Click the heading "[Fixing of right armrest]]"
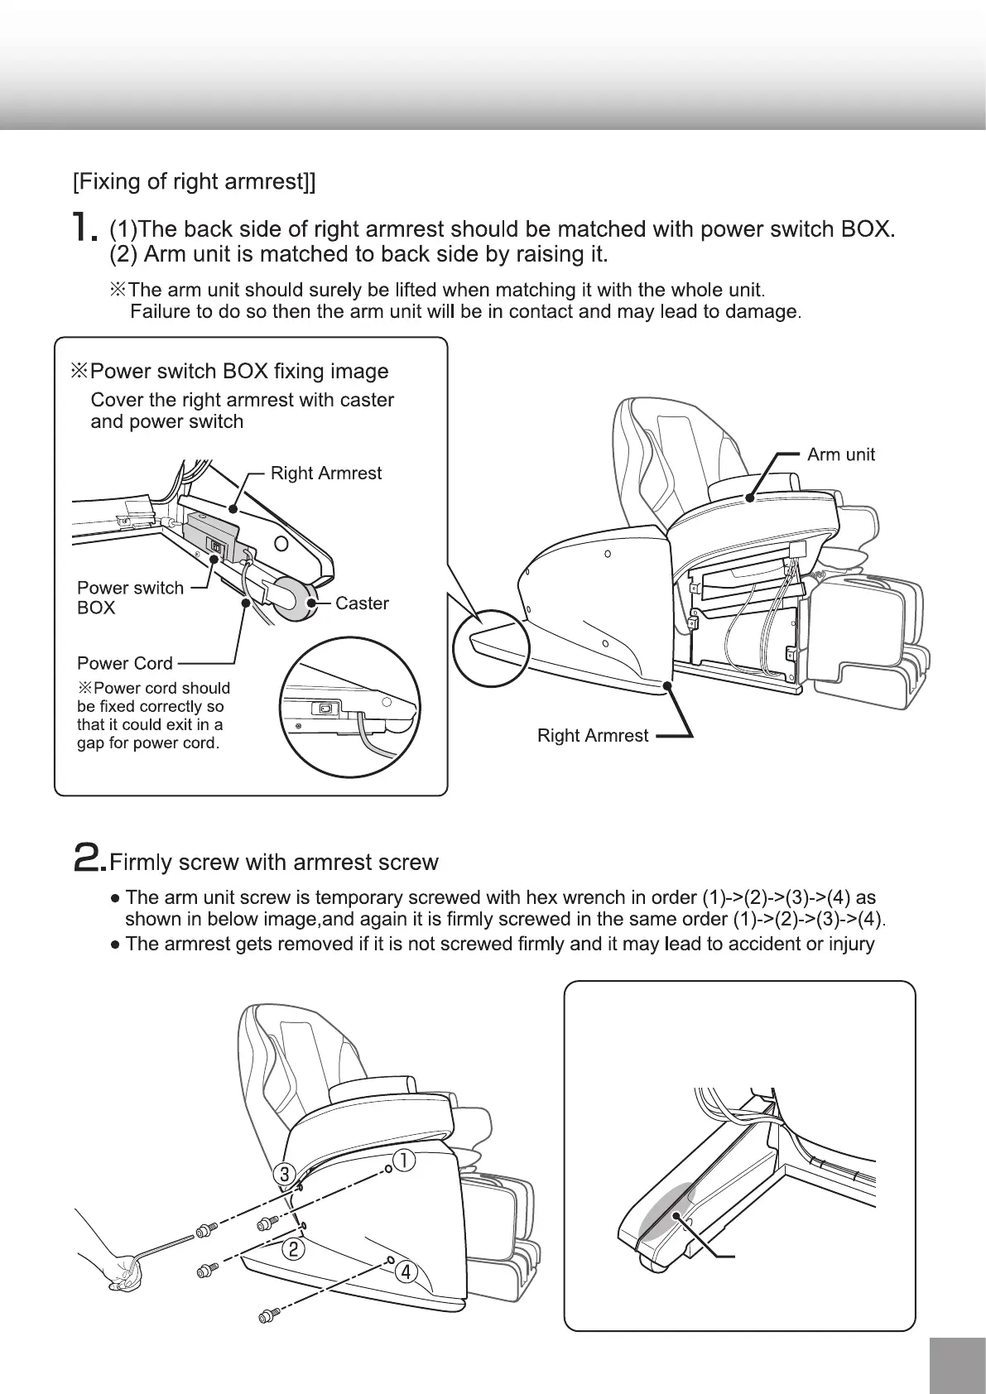[195, 182]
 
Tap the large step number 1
[84, 227]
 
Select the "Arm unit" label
[840, 454]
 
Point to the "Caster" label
[362, 603]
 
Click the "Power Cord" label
[125, 663]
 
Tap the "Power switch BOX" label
[129, 598]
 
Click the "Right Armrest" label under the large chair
[593, 736]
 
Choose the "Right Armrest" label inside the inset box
[326, 473]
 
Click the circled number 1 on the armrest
[403, 1161]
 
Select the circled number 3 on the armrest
[285, 1173]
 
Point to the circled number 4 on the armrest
[405, 1272]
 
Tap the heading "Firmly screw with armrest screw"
[273, 863]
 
